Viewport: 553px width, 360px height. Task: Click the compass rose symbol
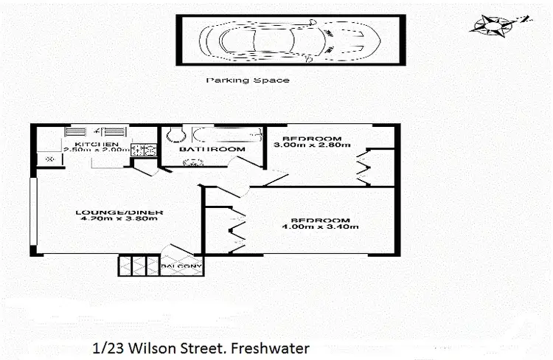(489, 24)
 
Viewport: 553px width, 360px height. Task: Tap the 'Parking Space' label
(247, 80)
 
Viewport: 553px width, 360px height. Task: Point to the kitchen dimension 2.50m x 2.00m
(97, 150)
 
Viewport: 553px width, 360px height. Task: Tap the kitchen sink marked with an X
(49, 159)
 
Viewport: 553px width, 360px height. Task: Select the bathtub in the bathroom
(226, 135)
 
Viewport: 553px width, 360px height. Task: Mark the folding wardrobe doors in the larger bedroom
(237, 225)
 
